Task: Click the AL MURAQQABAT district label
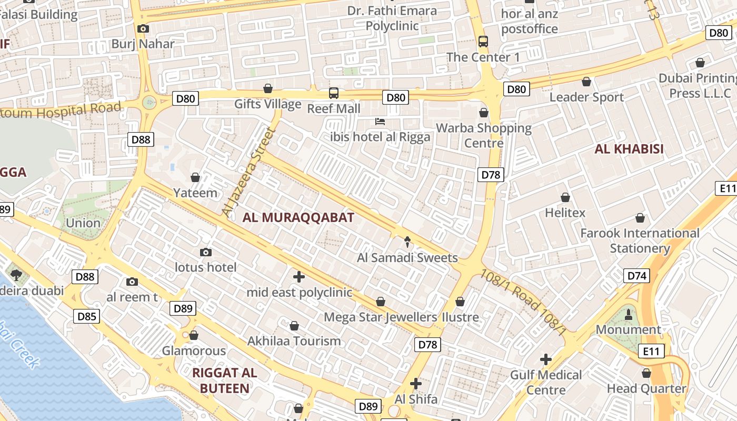click(x=298, y=217)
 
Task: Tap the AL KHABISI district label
click(x=629, y=149)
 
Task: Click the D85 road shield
click(x=86, y=316)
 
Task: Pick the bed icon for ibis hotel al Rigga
click(x=380, y=122)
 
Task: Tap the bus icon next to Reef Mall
click(x=334, y=93)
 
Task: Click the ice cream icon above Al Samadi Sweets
click(x=408, y=242)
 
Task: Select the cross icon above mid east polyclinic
click(x=299, y=276)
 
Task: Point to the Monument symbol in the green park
click(x=628, y=315)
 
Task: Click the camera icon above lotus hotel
click(x=206, y=253)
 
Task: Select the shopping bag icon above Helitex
click(x=565, y=197)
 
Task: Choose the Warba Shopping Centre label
click(x=484, y=135)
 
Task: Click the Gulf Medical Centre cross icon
click(x=546, y=359)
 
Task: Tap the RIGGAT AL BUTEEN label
click(x=224, y=380)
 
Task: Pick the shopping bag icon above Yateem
click(x=195, y=177)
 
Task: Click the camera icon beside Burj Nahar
click(x=143, y=29)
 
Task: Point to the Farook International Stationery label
click(x=640, y=240)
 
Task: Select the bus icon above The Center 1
click(x=483, y=41)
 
